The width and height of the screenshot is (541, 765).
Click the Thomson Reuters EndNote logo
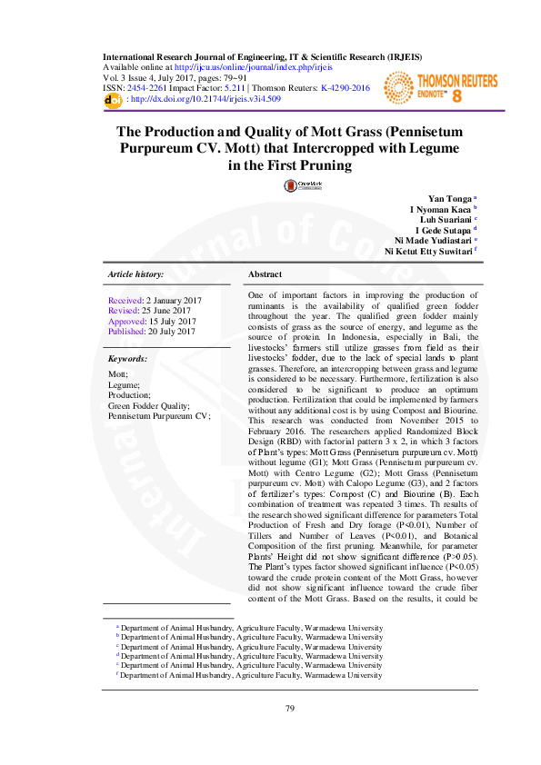(x=440, y=87)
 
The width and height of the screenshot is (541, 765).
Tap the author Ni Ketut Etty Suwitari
(x=428, y=252)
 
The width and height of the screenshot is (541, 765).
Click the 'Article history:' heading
(x=136, y=273)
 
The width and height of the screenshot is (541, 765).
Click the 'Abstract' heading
(x=265, y=273)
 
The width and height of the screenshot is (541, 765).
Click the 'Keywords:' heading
(x=128, y=359)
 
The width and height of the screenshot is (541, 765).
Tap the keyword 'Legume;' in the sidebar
(x=124, y=384)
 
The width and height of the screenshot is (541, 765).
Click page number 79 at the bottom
(x=291, y=709)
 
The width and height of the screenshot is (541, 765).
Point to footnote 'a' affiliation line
(x=250, y=628)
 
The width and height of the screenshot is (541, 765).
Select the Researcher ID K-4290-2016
(x=346, y=88)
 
